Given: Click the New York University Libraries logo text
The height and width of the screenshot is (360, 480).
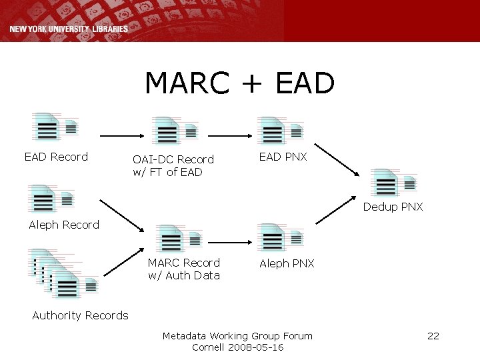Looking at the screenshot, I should [x=69, y=29].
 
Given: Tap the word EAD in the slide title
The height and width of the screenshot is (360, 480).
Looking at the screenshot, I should [x=303, y=84].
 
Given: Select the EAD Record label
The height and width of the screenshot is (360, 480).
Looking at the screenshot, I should [x=56, y=157].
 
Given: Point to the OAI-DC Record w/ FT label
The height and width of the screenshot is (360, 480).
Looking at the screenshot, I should [x=173, y=165].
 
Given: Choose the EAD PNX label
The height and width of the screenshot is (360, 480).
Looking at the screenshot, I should [x=283, y=157].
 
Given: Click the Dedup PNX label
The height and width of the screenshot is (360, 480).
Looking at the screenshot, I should [x=393, y=207].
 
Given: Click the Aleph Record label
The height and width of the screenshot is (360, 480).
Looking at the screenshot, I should [x=64, y=225].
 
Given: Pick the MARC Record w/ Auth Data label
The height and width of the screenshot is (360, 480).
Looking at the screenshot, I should [x=183, y=269].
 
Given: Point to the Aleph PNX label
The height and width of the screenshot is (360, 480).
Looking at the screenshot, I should [x=287, y=263].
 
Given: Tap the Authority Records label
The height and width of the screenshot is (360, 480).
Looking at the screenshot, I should [x=80, y=315].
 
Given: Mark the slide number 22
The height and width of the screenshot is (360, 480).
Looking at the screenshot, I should [x=433, y=335].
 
